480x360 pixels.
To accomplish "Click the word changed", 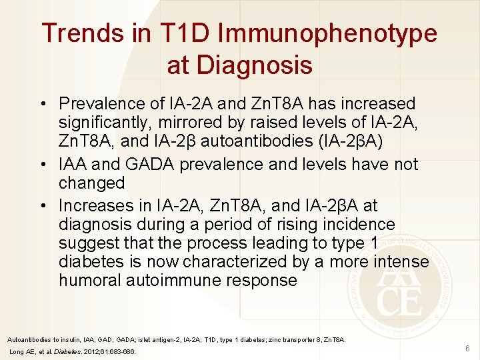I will (92, 183).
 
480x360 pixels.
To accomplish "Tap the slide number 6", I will (467, 348).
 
